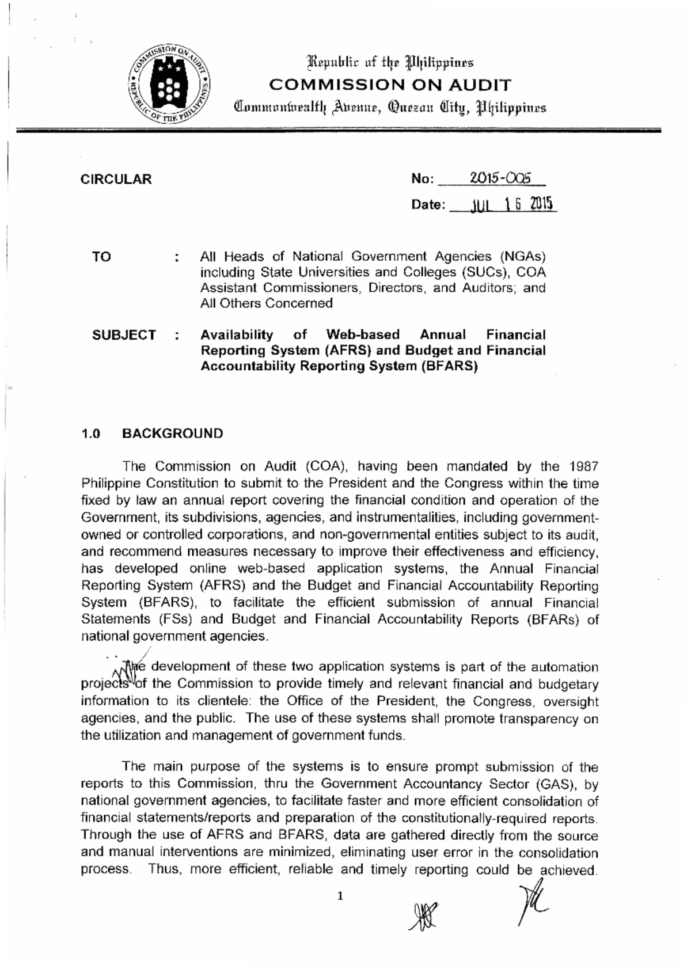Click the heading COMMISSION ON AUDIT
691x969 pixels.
(390, 85)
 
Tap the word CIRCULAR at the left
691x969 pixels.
(116, 179)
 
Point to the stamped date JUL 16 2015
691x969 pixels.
(512, 204)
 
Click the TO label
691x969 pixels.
(101, 257)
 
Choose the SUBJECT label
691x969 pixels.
(124, 335)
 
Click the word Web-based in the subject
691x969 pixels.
(363, 335)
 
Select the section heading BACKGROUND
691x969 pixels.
(172, 434)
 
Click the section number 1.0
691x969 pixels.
(91, 434)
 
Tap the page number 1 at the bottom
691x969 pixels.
(340, 896)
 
